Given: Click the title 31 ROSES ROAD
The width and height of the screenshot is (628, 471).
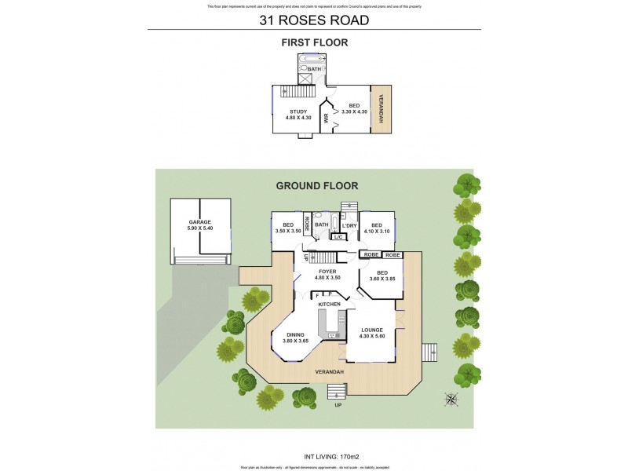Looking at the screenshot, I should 314,20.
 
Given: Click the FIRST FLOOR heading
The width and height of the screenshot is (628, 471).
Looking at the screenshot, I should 314,43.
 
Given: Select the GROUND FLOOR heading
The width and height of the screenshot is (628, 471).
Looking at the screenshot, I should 316,186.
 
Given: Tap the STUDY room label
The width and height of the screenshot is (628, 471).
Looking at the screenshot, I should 298,111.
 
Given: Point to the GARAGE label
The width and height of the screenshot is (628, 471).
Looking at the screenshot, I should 200,222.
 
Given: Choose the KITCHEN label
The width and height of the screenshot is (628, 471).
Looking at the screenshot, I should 329,303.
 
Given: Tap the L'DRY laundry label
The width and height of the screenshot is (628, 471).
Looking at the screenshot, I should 349,226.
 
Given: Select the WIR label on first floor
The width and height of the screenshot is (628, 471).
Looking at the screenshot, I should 324,119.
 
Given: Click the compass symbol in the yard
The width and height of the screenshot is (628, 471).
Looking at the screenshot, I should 451,399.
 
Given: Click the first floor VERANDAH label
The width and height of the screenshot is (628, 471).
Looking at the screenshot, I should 382,108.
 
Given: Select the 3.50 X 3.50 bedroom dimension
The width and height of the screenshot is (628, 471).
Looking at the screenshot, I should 287,231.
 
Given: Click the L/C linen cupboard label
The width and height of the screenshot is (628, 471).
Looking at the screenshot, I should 338,237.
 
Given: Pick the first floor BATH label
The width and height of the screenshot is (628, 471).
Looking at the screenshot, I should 314,69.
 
